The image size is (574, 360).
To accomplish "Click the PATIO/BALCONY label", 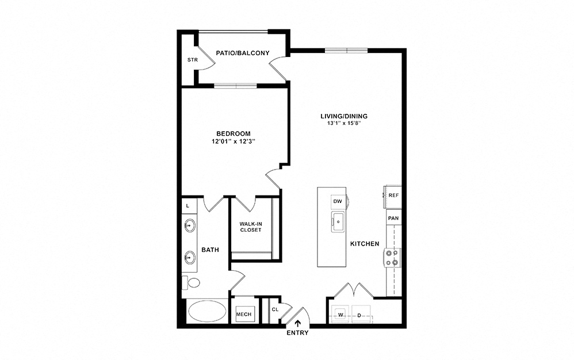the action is [x=242, y=53].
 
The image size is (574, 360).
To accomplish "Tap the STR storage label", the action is [x=193, y=60].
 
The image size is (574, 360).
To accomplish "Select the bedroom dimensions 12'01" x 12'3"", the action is [x=233, y=141].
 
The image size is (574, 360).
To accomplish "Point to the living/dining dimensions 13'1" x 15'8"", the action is [x=344, y=123].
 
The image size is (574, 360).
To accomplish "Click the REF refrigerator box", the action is [x=392, y=196].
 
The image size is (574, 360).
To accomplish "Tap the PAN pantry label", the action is [x=393, y=218].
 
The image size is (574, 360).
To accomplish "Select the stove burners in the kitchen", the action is [x=392, y=257].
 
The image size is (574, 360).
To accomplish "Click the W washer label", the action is [x=340, y=315].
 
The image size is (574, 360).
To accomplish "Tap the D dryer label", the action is [x=359, y=315].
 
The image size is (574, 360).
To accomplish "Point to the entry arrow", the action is [x=298, y=323].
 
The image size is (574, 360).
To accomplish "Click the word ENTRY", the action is [x=297, y=333].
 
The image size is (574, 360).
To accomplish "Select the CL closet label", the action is [x=275, y=309].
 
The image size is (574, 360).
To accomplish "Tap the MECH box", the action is [x=244, y=314].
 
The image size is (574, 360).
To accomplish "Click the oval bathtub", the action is [x=207, y=311].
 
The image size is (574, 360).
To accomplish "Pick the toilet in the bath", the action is [x=191, y=282].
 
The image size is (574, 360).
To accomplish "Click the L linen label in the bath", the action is [x=188, y=206].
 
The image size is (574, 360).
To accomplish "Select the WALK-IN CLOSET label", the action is [x=251, y=227].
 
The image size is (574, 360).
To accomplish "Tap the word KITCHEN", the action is [x=365, y=244].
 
